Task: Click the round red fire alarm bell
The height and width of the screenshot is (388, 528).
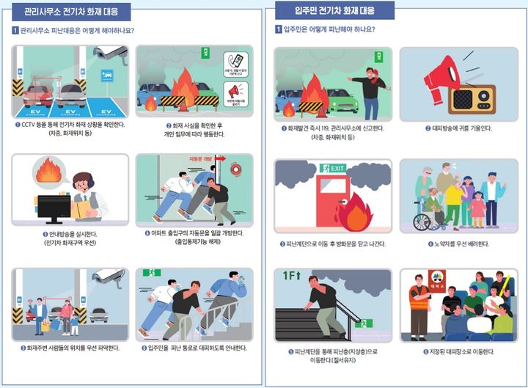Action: pyautogui.click(x=234, y=168)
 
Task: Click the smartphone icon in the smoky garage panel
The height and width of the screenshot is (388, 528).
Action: pyautogui.click(x=236, y=62)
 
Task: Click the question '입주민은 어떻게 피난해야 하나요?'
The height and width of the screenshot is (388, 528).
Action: pyautogui.click(x=329, y=29)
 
